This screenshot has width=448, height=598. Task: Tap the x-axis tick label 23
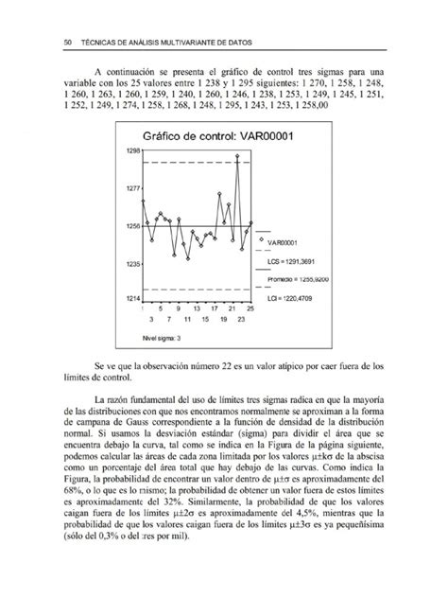point(242,321)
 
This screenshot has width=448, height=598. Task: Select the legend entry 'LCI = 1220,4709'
point(297,299)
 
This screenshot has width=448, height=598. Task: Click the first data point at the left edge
point(142,201)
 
